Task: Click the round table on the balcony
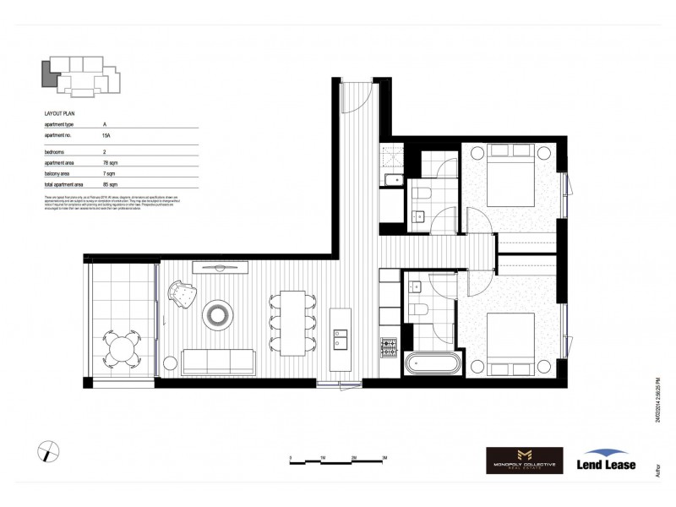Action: coord(124,347)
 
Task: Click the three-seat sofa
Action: coord(220,362)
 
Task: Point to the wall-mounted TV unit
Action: coord(220,268)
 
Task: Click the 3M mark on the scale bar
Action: coord(384,457)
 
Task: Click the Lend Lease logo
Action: coord(606,460)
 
